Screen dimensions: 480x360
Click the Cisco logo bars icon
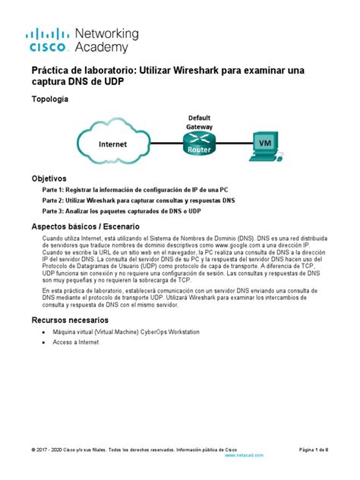point(49,34)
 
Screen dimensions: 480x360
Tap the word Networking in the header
point(107,34)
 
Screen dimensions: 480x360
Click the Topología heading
point(49,100)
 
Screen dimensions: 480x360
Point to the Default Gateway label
point(201,122)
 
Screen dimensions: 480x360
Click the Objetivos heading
point(49,178)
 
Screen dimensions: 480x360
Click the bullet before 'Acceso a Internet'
point(44,343)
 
